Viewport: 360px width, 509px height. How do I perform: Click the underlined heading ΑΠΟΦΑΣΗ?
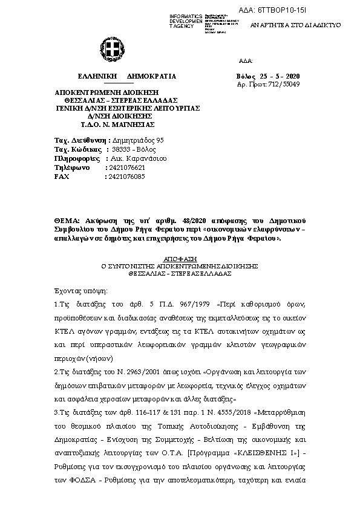(x=180, y=258)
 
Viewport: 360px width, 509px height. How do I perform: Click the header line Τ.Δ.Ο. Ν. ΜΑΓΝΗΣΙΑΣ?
(x=118, y=125)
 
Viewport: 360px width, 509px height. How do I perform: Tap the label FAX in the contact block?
(x=62, y=177)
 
